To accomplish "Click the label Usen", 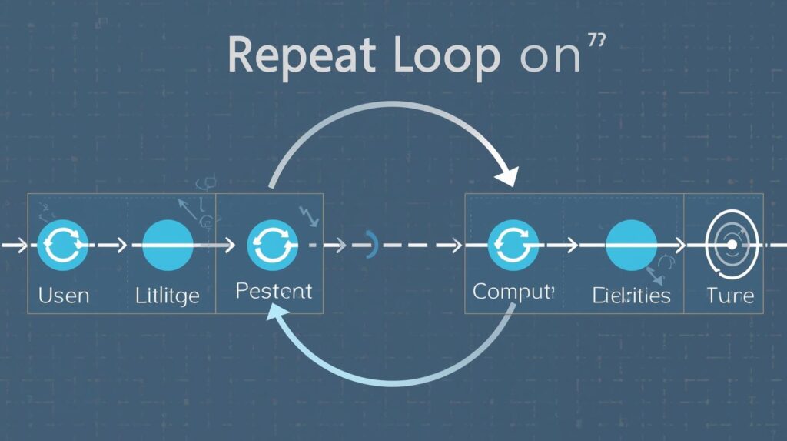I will (64, 295).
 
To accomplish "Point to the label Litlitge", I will (168, 295).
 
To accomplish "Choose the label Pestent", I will (273, 292).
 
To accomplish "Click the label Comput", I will (513, 292).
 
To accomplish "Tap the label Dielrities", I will (632, 295).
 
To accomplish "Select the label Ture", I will (730, 295).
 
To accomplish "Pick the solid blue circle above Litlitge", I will (168, 244).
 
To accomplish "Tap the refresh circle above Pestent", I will (272, 244).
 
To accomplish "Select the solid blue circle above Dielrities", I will (631, 244).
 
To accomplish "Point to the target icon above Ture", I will (732, 244).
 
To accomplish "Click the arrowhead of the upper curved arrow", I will (506, 176).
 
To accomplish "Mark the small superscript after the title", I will (596, 40).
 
